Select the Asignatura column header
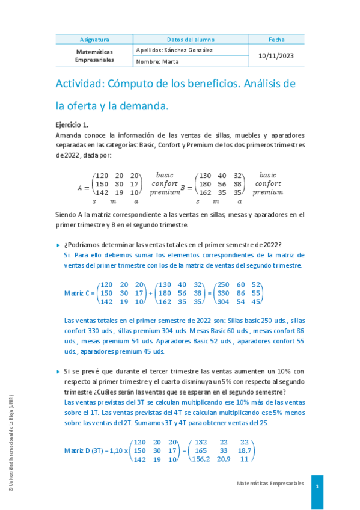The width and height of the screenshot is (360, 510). (x=94, y=39)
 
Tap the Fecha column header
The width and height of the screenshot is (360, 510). (x=276, y=39)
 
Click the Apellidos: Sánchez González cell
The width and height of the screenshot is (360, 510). (x=174, y=51)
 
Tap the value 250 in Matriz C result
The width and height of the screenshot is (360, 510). (x=223, y=284)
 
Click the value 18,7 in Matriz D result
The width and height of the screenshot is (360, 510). (x=245, y=450)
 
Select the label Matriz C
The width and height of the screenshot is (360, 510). (x=78, y=293)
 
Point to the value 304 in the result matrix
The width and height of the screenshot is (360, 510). (x=223, y=301)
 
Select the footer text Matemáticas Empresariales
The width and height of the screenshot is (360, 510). (x=270, y=484)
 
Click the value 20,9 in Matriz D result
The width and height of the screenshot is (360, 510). (x=224, y=459)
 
